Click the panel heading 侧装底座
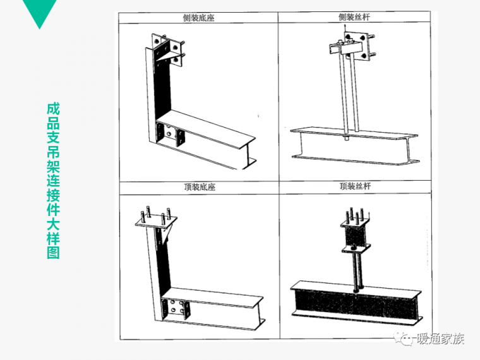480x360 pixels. pyautogui.click(x=198, y=18)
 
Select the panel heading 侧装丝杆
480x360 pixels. pyautogui.click(x=354, y=17)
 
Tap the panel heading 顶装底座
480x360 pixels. pyautogui.click(x=200, y=187)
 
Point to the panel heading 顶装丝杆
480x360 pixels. pyautogui.click(x=355, y=186)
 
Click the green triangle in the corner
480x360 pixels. pyautogui.click(x=40, y=11)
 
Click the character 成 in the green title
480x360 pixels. pyautogui.click(x=53, y=109)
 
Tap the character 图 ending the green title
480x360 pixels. pyautogui.click(x=53, y=253)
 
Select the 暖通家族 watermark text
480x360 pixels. pyautogui.click(x=440, y=339)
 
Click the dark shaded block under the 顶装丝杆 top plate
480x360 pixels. pyautogui.click(x=354, y=236)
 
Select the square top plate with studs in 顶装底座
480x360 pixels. pyautogui.click(x=156, y=222)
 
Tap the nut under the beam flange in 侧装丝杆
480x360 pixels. pyautogui.click(x=347, y=138)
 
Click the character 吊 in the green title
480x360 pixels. pyautogui.click(x=53, y=152)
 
